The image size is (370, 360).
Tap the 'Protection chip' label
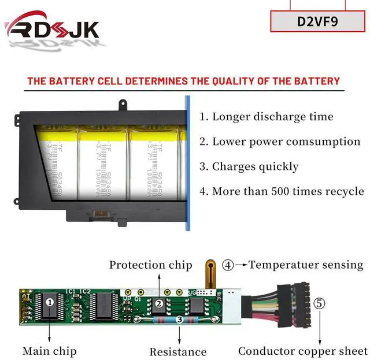coord(150,265)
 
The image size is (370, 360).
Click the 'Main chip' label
coord(49,351)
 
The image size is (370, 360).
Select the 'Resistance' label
coord(177,351)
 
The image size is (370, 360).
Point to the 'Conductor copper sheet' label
coord(303,351)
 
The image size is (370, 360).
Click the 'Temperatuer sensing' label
coord(306,265)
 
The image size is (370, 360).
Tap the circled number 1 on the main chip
coord(50,301)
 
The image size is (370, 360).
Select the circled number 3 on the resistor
coord(180,319)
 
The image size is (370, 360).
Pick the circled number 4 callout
coord(228,265)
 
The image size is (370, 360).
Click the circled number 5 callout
coord(319,302)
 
